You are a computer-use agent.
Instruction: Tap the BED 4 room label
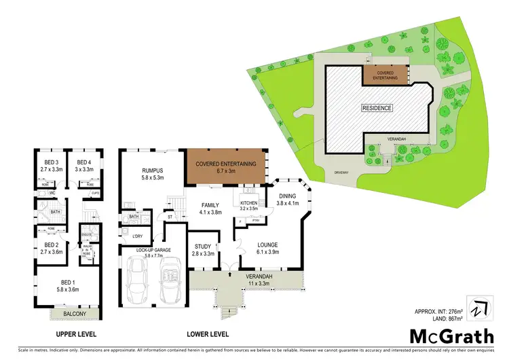tap(83, 162)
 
